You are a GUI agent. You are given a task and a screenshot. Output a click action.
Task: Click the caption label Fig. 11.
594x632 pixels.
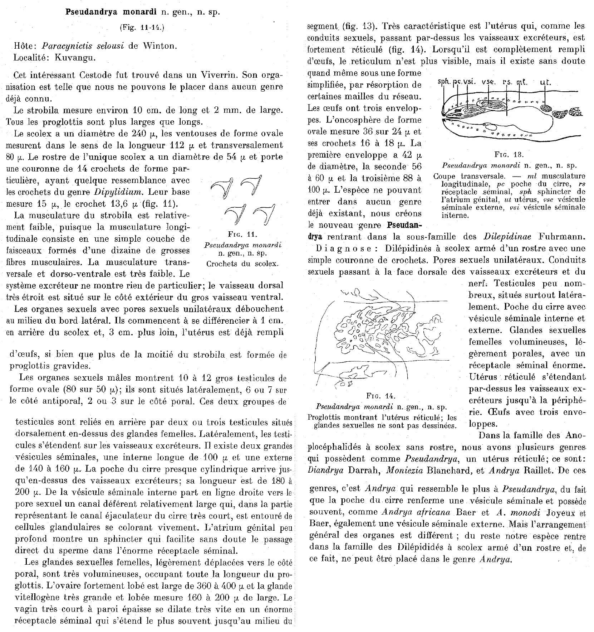coord(242,235)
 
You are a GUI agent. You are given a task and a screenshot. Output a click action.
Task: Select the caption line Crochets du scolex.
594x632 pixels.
coord(242,264)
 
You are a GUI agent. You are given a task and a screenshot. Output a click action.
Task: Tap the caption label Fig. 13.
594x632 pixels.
coord(509,155)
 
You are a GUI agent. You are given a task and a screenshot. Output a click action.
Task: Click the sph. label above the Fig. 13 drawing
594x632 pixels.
coord(444,82)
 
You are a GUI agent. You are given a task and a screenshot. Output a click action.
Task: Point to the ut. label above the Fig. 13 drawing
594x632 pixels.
coord(545,82)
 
